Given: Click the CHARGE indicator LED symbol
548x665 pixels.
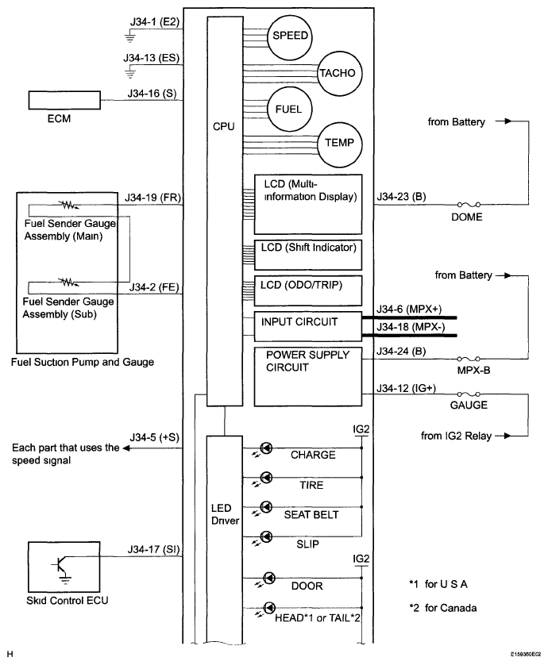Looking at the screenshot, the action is point(266,448).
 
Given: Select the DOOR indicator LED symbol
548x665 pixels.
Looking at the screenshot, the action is point(269,578).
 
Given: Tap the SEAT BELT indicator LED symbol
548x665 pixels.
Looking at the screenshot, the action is point(266,507).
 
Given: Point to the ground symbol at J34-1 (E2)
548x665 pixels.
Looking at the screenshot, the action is point(130,37).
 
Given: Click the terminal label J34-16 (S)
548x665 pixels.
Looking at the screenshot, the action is point(152,94).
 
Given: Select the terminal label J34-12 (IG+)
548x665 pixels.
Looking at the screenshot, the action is point(406,388).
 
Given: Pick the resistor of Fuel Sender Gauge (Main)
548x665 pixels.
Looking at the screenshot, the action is point(70,206).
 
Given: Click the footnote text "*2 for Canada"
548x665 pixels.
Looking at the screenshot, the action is point(442,608).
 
